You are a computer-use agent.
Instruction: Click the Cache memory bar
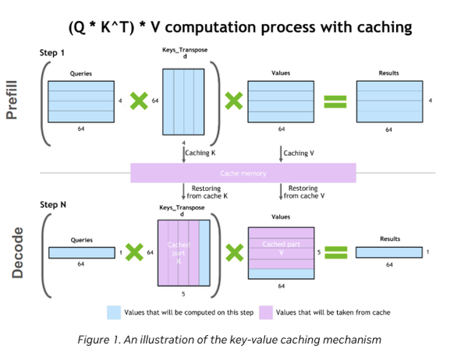(x=243, y=173)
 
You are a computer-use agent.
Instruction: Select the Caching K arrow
(x=183, y=154)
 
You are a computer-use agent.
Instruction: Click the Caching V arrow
(x=281, y=154)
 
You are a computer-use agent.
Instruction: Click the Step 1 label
(x=52, y=53)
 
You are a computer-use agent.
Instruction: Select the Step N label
(x=53, y=204)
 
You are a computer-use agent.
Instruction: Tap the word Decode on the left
(x=16, y=252)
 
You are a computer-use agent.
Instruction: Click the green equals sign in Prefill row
(x=335, y=101)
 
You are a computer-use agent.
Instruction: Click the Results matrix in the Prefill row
(x=388, y=101)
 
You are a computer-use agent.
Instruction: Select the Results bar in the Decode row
(x=388, y=252)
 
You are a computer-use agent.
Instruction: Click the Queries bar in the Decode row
(x=81, y=252)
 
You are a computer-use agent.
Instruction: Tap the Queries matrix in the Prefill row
(x=81, y=101)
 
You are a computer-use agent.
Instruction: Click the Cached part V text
(x=281, y=247)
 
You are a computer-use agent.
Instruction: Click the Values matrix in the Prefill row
(x=281, y=101)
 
